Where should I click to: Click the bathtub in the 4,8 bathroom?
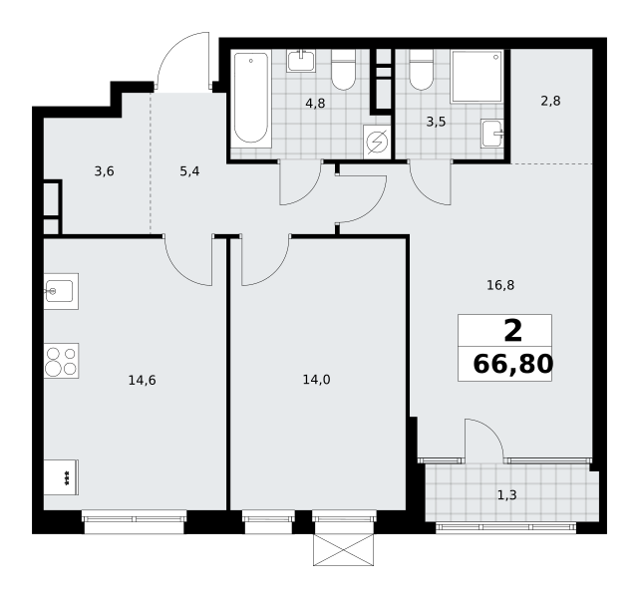pyautogui.click(x=251, y=99)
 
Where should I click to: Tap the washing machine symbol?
pyautogui.click(x=377, y=142)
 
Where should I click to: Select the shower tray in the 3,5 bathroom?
pyautogui.click(x=478, y=77)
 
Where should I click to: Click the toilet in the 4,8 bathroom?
pyautogui.click(x=344, y=70)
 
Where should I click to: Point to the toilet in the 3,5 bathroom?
pyautogui.click(x=422, y=70)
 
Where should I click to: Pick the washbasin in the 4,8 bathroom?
pyautogui.click(x=301, y=61)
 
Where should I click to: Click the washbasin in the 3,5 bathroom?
pyautogui.click(x=492, y=134)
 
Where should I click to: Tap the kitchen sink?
pyautogui.click(x=61, y=291)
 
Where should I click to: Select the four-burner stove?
pyautogui.click(x=61, y=361)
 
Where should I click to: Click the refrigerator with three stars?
pyautogui.click(x=61, y=477)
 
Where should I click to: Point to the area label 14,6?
pyautogui.click(x=143, y=381)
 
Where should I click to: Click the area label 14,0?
pyautogui.click(x=317, y=380)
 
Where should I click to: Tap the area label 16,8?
pyautogui.click(x=500, y=285)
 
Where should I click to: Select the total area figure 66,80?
pyautogui.click(x=513, y=364)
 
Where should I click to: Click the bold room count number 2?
pyautogui.click(x=513, y=331)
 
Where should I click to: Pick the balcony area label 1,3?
pyautogui.click(x=507, y=495)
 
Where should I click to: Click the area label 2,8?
pyautogui.click(x=550, y=101)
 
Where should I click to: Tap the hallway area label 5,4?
pyautogui.click(x=189, y=171)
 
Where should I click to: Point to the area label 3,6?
pyautogui.click(x=104, y=171)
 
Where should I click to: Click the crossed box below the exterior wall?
pyautogui.click(x=344, y=550)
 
